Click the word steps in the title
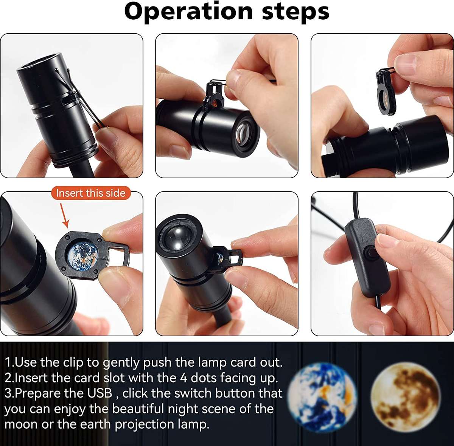(296, 12)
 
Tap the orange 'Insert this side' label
(91, 193)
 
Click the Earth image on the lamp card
(82, 256)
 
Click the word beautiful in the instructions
(138, 409)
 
